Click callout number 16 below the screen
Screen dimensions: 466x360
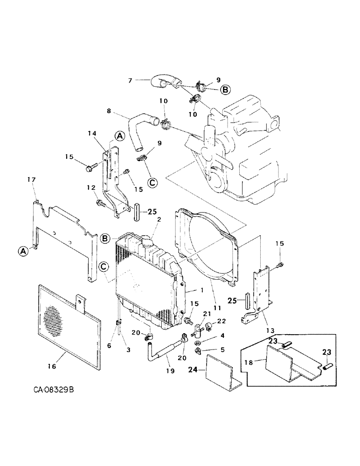(x=51, y=367)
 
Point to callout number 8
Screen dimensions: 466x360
(x=109, y=111)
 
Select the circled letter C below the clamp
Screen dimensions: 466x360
(x=152, y=182)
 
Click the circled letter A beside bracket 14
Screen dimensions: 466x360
(x=120, y=136)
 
